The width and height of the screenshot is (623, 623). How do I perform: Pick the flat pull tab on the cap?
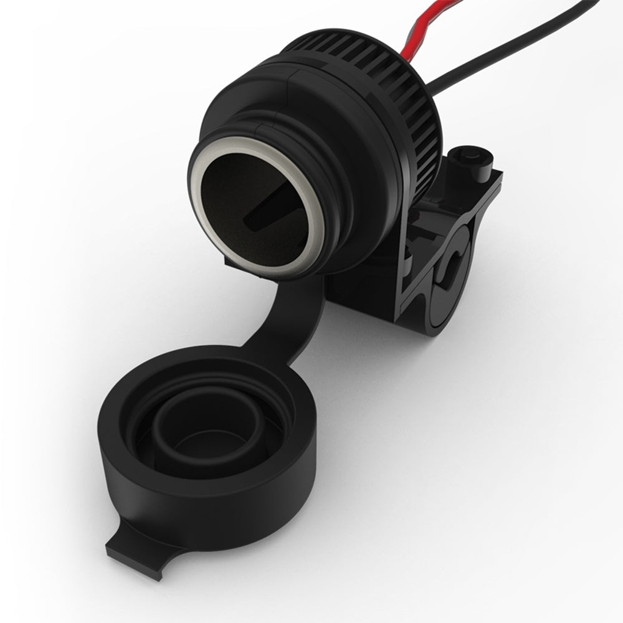[134, 548]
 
